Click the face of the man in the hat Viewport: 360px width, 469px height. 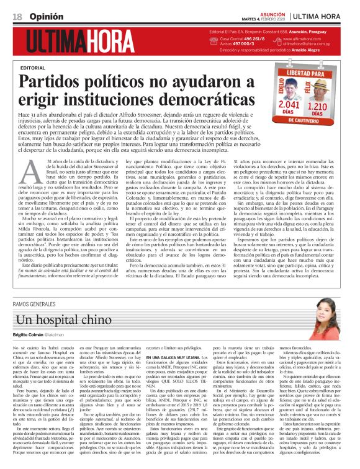(324, 89)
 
